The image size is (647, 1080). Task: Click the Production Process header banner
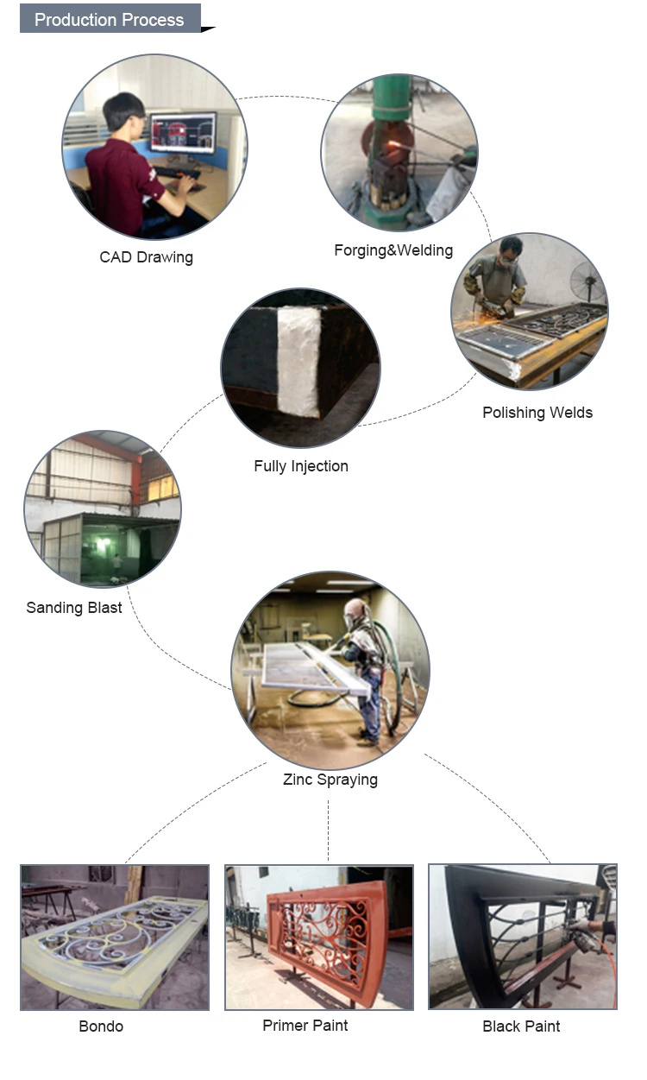click(110, 19)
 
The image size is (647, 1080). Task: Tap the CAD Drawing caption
click(146, 257)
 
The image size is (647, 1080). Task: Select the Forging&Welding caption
click(393, 250)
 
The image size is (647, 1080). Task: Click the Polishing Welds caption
click(537, 413)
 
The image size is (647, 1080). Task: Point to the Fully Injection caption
click(301, 466)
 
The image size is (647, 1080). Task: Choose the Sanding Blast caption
click(74, 608)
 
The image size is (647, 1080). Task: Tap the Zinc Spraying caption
click(330, 780)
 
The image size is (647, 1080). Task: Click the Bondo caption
click(101, 1026)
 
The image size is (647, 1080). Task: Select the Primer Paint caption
click(305, 1026)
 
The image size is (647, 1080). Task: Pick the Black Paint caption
click(521, 1026)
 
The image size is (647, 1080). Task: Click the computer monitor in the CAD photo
click(182, 133)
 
